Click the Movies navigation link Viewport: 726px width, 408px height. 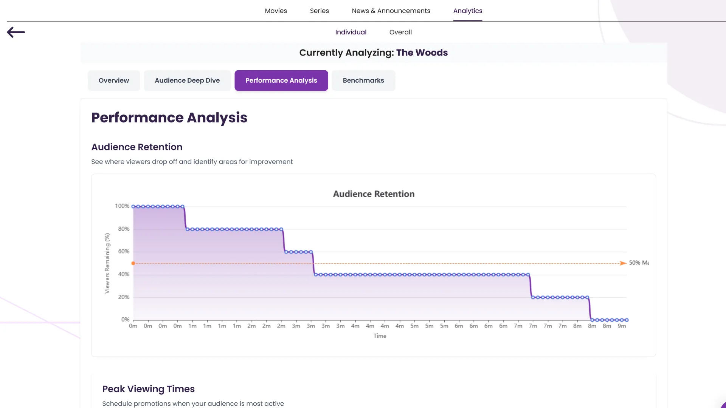coord(276,11)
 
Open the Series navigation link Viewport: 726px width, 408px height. coord(319,11)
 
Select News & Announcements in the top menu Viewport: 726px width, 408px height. coord(391,11)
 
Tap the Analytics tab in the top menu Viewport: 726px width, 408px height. coord(467,11)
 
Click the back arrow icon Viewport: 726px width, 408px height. coord(16,32)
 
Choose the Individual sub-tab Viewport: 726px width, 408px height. coord(351,32)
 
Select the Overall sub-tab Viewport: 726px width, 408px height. coord(400,32)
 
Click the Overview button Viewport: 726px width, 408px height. coord(113,80)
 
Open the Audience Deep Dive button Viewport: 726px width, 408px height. coord(187,80)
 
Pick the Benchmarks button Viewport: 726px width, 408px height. coord(363,80)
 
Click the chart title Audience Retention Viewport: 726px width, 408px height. coord(374,194)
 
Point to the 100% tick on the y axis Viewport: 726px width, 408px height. coord(122,206)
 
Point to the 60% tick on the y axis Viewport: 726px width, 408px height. coord(124,251)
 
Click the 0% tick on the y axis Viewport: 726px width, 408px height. coord(125,320)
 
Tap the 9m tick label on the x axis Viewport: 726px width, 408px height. coord(622,326)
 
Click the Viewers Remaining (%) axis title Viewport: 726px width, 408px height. coord(107,263)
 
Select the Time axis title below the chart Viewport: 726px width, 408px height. coord(380,336)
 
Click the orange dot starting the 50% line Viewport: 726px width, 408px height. coord(133,263)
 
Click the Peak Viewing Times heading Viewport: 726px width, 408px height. coord(148,389)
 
